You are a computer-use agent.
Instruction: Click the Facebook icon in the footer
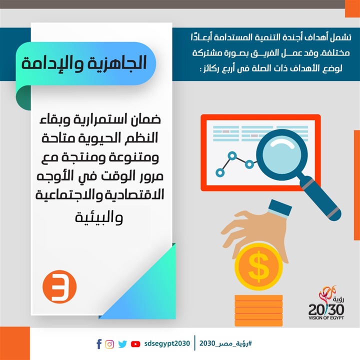click(x=99, y=344)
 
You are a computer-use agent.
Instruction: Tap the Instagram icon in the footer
click(x=109, y=344)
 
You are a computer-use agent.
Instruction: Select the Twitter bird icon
click(x=122, y=344)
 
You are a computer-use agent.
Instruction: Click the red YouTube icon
click(x=135, y=344)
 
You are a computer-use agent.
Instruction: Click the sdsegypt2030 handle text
click(x=167, y=343)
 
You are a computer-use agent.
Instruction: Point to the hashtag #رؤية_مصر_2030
click(x=225, y=343)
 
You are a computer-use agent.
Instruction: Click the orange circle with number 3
click(x=59, y=287)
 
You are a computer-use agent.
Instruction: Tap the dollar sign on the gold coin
click(x=258, y=266)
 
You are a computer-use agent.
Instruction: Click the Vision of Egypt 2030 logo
click(x=326, y=303)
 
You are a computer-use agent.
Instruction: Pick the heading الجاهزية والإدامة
click(x=84, y=63)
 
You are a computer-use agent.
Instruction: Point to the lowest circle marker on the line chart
click(x=220, y=172)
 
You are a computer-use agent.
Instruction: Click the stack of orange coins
click(x=258, y=310)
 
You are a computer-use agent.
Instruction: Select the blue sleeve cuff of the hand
click(x=280, y=209)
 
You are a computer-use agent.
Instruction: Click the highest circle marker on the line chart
click(x=232, y=156)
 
